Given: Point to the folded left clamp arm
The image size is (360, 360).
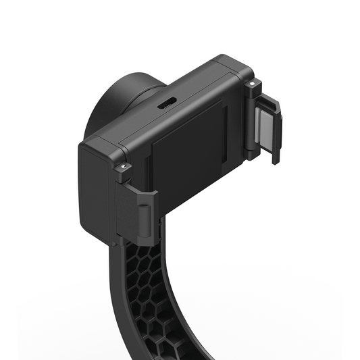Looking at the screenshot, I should [138, 215].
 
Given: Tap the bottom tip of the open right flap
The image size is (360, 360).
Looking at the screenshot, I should [274, 160].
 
